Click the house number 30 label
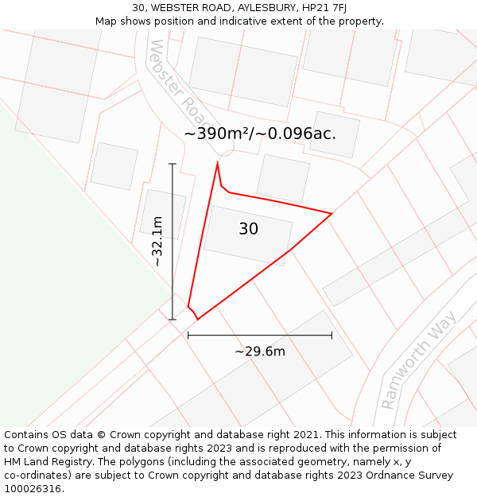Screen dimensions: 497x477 pyautogui.click(x=248, y=229)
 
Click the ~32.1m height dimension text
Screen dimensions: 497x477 pyautogui.click(x=157, y=241)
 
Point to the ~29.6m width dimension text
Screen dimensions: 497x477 pyautogui.click(x=260, y=351)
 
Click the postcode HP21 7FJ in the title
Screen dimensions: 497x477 pyautogui.click(x=324, y=8)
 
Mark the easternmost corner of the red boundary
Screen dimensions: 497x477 pyautogui.click(x=332, y=214)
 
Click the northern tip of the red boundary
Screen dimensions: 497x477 pyautogui.click(x=217, y=163)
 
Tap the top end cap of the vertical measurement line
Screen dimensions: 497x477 pyautogui.click(x=173, y=164)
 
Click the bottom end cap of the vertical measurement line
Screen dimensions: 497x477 pyautogui.click(x=173, y=320)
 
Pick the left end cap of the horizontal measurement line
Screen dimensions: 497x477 pyautogui.click(x=188, y=336)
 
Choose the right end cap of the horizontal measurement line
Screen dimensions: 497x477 pyautogui.click(x=332, y=336)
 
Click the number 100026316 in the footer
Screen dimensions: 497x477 pyautogui.click(x=33, y=488)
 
